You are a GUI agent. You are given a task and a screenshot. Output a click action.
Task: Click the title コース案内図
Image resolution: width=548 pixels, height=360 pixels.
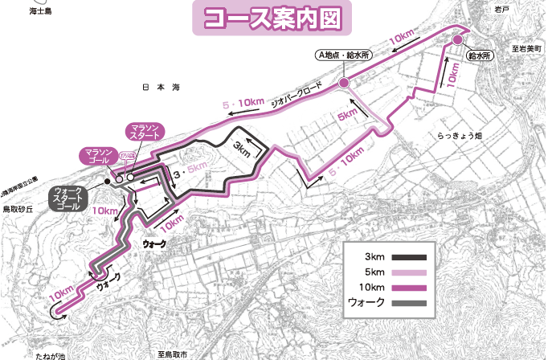273,18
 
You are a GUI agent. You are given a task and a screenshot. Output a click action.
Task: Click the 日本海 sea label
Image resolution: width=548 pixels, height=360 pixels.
158,87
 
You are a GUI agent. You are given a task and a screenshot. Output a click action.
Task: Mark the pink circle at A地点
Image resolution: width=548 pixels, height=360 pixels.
344,83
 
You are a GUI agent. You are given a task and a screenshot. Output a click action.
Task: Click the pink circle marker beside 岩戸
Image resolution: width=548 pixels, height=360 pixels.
457,40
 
